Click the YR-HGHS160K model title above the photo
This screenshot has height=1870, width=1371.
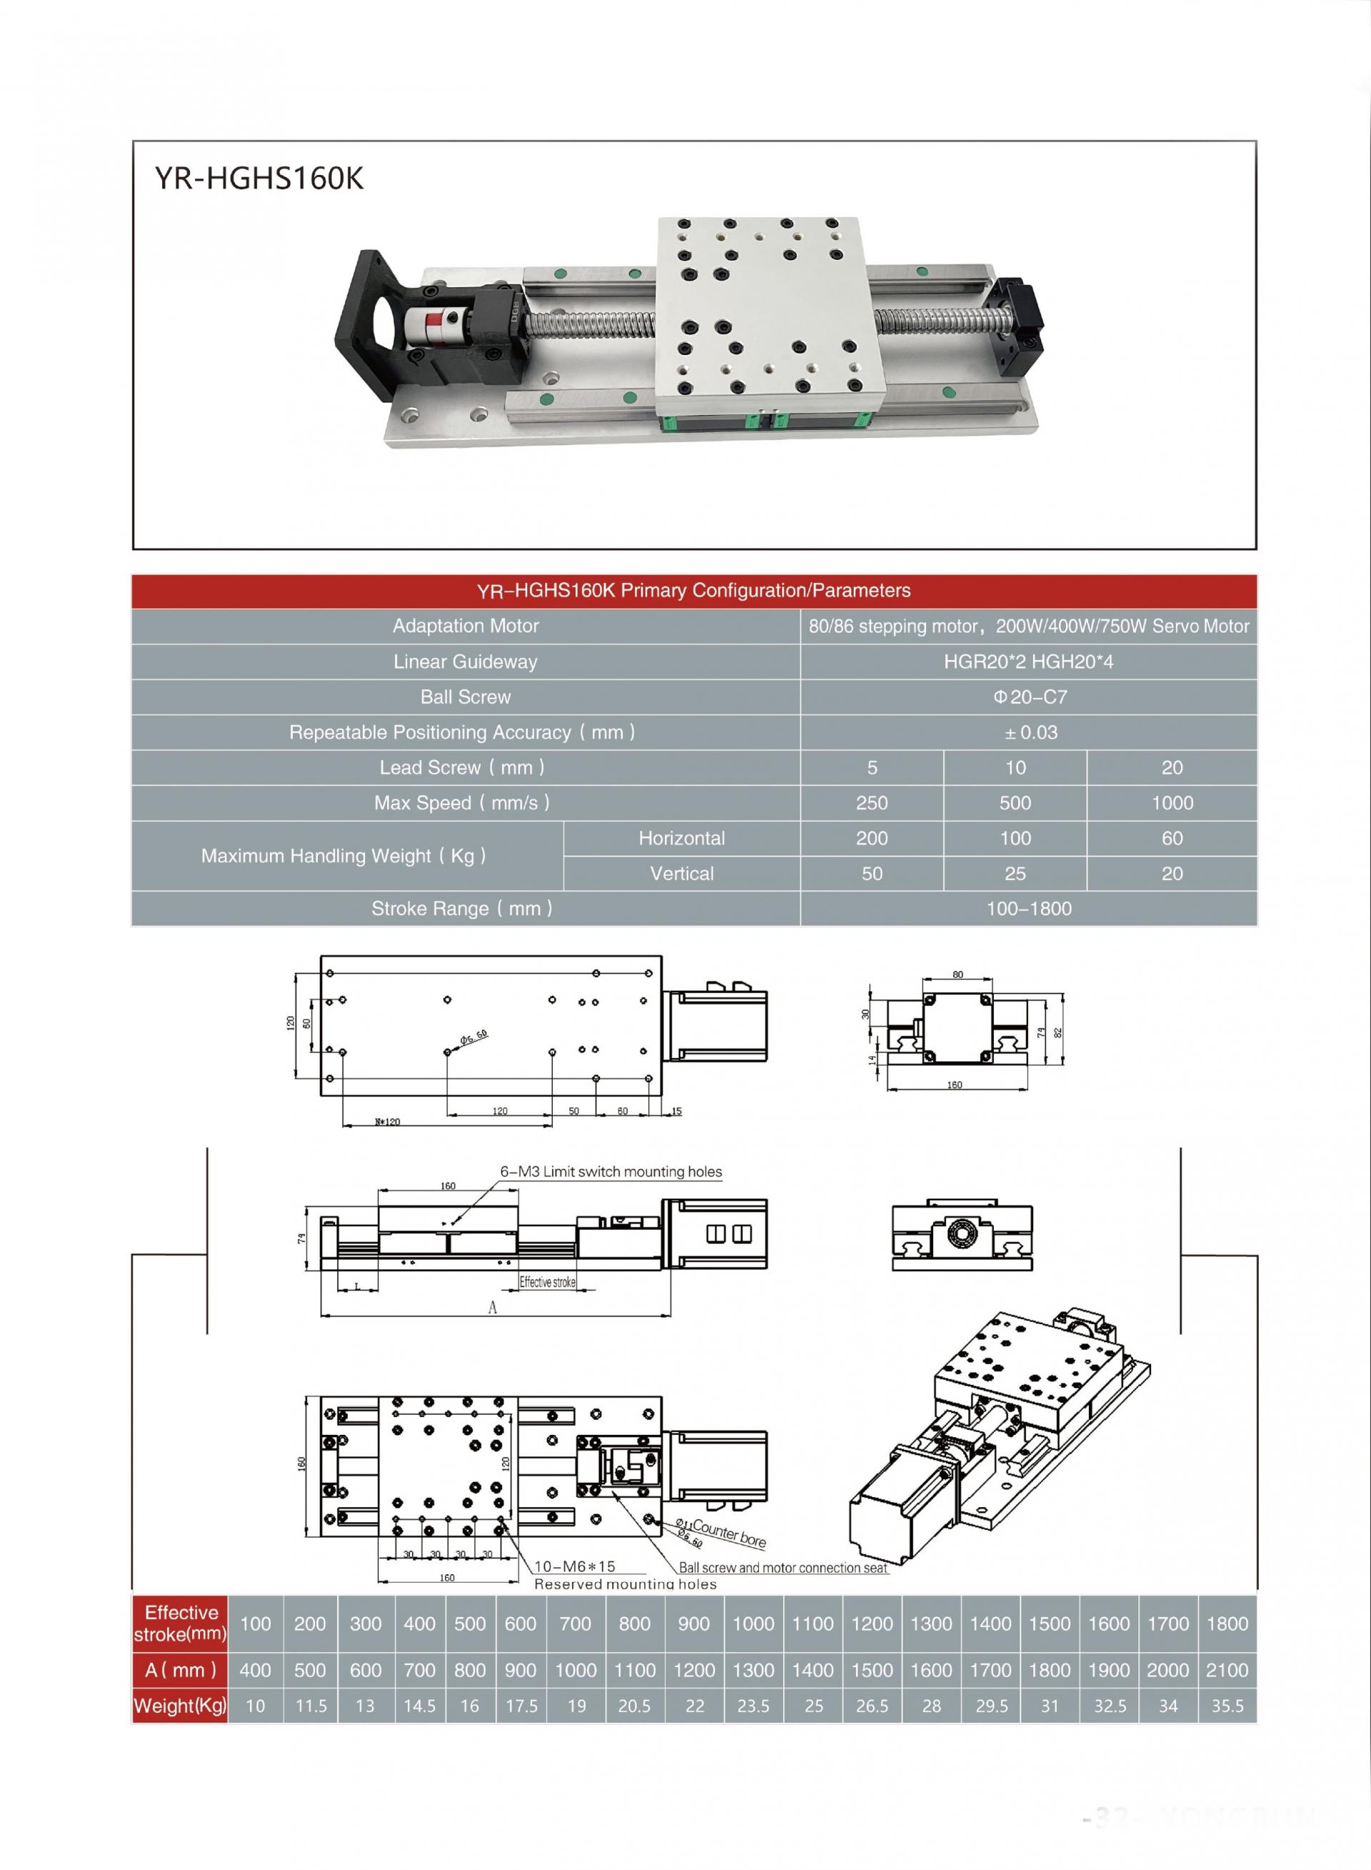(x=259, y=179)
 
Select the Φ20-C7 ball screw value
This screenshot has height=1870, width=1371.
(x=1030, y=697)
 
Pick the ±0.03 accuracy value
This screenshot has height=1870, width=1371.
(x=1030, y=733)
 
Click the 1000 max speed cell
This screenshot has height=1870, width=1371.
(x=1172, y=804)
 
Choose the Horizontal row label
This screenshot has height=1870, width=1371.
(x=681, y=839)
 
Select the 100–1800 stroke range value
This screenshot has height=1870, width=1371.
(x=1029, y=909)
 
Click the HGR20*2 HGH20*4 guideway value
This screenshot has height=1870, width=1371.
(x=1029, y=662)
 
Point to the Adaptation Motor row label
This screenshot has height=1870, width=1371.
(x=466, y=626)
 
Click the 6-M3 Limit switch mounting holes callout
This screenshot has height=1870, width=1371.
(x=611, y=1172)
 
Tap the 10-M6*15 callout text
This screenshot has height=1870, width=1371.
(x=574, y=1566)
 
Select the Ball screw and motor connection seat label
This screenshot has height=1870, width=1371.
(x=783, y=1568)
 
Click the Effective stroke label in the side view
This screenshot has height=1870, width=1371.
(x=547, y=1282)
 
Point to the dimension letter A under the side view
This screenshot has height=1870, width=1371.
(x=492, y=1308)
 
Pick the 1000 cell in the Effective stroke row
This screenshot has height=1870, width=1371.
(x=753, y=1624)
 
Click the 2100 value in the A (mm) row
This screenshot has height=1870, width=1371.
(x=1227, y=1670)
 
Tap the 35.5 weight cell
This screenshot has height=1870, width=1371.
(x=1227, y=1706)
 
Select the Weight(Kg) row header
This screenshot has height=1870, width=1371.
(x=180, y=1706)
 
